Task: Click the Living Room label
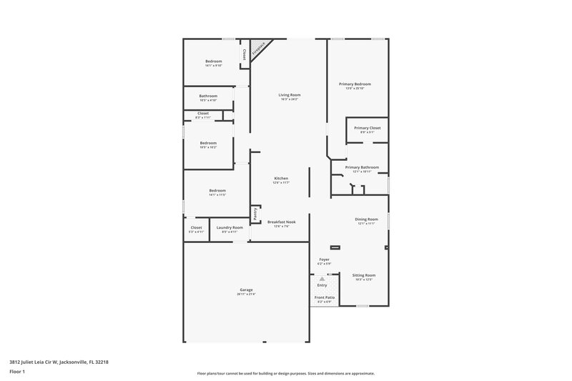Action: pos(289,94)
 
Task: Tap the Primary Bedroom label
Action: pos(355,84)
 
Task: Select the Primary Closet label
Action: pos(367,127)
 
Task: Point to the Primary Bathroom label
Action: pos(362,167)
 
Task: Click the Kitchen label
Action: pos(281,178)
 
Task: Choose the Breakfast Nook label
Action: pos(281,222)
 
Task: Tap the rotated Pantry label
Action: pos(255,213)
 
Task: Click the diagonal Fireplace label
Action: pos(259,49)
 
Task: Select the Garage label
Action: pos(246,290)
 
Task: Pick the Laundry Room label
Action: pos(230,227)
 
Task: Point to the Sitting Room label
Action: pos(364,274)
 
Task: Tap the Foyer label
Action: pos(324,259)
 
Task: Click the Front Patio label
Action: pos(325,297)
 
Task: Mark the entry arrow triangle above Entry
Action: pos(322,279)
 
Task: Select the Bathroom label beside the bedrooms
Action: pos(208,96)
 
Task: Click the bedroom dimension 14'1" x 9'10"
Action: pos(214,66)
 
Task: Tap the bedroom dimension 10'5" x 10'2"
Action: pos(208,147)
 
